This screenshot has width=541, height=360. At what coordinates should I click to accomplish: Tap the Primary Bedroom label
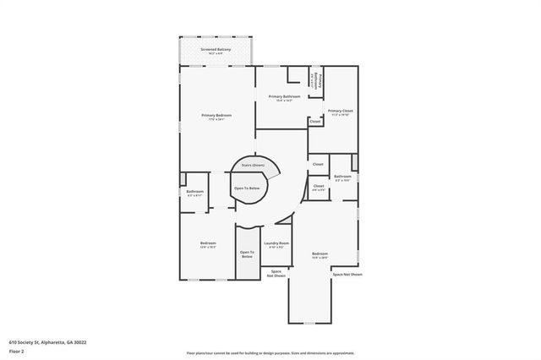[x=216, y=115]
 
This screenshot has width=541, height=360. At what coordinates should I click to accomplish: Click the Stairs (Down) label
[x=253, y=166]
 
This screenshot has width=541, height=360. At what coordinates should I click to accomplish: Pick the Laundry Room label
[x=276, y=243]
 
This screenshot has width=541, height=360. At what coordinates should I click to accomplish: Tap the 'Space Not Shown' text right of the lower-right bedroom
[x=347, y=275]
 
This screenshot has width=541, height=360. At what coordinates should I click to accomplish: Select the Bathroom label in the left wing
[x=195, y=192]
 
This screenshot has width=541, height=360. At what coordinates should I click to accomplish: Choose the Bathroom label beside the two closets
[x=342, y=177]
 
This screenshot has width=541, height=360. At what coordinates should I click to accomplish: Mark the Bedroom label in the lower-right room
[x=320, y=254]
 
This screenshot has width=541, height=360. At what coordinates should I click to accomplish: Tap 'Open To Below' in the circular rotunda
[x=247, y=188]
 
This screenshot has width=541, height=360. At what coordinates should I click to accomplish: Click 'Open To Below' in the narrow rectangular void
[x=247, y=254]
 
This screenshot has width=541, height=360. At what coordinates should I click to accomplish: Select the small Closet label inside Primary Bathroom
[x=315, y=122]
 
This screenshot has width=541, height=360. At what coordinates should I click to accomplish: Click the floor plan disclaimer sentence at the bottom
[x=270, y=352]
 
